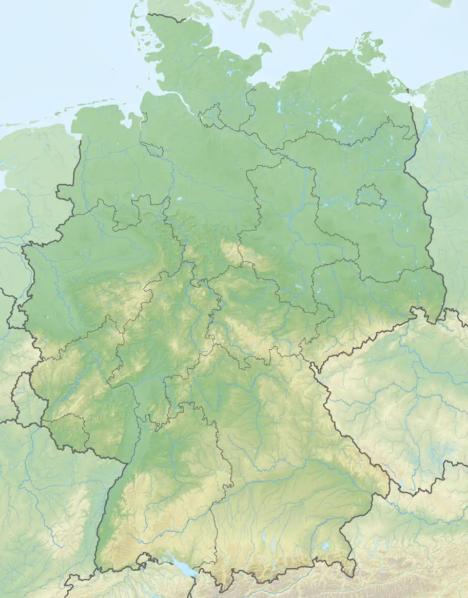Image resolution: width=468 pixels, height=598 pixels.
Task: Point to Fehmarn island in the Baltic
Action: (265, 48)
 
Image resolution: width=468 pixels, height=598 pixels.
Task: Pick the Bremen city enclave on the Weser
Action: (150, 149)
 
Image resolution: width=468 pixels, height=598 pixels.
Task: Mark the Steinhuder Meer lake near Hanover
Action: (179, 199)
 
